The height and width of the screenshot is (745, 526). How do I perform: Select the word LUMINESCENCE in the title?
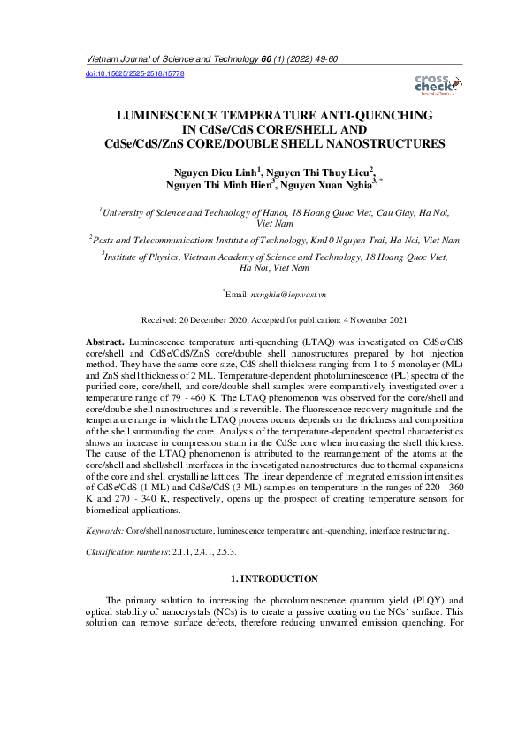pos(170,116)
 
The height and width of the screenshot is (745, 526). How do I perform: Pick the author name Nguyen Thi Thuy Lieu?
pos(320,172)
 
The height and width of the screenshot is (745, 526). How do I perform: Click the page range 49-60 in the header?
pos(322,58)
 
